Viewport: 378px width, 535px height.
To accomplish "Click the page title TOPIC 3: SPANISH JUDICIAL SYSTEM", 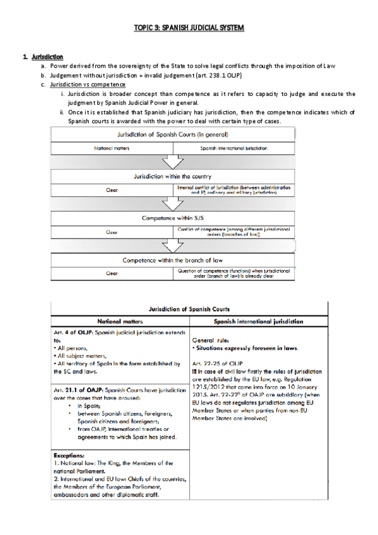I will click(189, 28).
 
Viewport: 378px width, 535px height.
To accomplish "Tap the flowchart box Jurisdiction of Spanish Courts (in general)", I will click(172, 134).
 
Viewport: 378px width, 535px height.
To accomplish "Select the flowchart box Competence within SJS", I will click(172, 217).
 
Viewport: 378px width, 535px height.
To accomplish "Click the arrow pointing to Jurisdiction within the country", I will click(172, 162).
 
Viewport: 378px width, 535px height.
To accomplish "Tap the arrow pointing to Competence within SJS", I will click(172, 203).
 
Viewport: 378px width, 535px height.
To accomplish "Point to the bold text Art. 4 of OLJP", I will click(75, 333).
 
